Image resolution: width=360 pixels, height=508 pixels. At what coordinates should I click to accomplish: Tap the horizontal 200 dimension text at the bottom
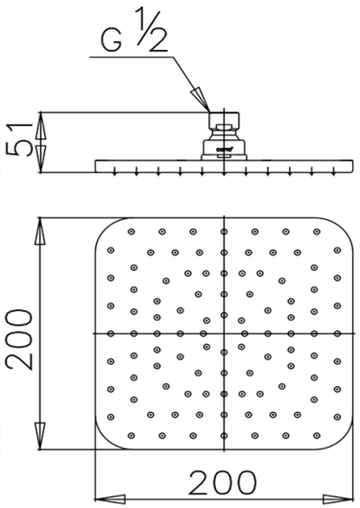coord(222,481)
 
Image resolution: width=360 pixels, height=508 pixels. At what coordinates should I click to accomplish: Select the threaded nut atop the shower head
coord(223,122)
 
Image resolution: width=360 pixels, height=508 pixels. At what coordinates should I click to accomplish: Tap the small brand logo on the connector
coord(223,147)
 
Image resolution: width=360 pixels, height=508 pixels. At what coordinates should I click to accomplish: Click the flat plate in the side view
coord(223,166)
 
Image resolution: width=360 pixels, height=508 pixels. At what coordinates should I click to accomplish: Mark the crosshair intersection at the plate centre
coord(224,332)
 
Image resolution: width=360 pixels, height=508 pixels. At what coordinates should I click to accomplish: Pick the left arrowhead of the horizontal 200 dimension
coord(105,496)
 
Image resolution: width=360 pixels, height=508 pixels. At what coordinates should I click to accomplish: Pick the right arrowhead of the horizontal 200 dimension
coord(343,496)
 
